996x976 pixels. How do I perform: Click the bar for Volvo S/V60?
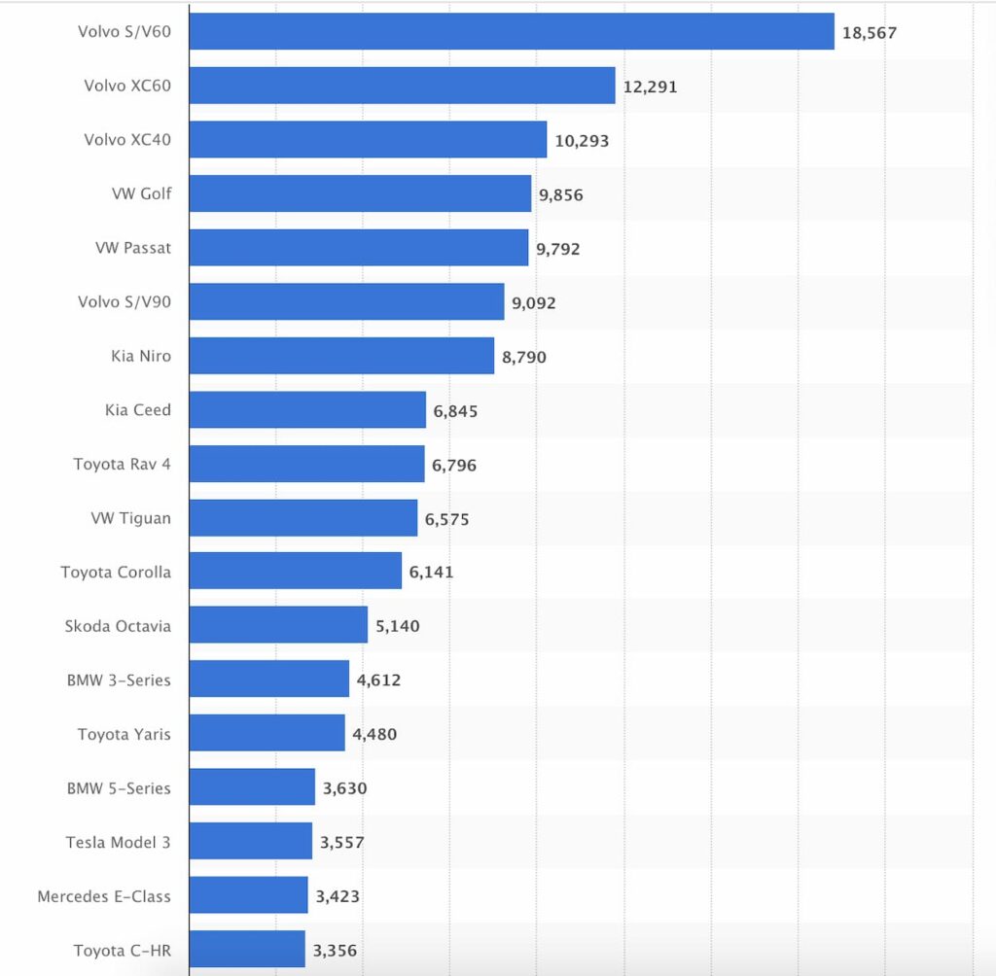click(x=512, y=31)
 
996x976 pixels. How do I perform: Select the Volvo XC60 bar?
click(x=402, y=86)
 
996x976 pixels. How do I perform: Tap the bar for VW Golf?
click(x=360, y=193)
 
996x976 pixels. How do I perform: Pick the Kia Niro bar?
click(x=341, y=356)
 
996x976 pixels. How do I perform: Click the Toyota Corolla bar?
click(x=295, y=571)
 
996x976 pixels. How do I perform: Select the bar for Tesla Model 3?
click(x=250, y=841)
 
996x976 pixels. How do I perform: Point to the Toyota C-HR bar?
click(x=247, y=949)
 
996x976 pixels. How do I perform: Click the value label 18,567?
click(x=870, y=33)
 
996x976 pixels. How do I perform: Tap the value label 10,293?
click(x=582, y=141)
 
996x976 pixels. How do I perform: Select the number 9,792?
click(x=557, y=249)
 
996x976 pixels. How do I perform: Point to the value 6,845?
click(x=455, y=411)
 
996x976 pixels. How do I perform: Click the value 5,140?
click(x=398, y=626)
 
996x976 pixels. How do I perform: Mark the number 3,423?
click(x=338, y=896)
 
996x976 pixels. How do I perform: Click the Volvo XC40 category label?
click(x=127, y=140)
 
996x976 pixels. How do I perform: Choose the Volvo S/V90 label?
click(x=124, y=301)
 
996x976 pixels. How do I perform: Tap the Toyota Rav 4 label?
click(x=122, y=464)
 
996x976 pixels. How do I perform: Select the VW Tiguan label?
click(x=130, y=518)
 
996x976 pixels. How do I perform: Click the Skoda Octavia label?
click(x=118, y=626)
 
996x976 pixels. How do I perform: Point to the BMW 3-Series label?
click(x=119, y=680)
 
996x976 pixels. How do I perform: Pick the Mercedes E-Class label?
click(x=104, y=896)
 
